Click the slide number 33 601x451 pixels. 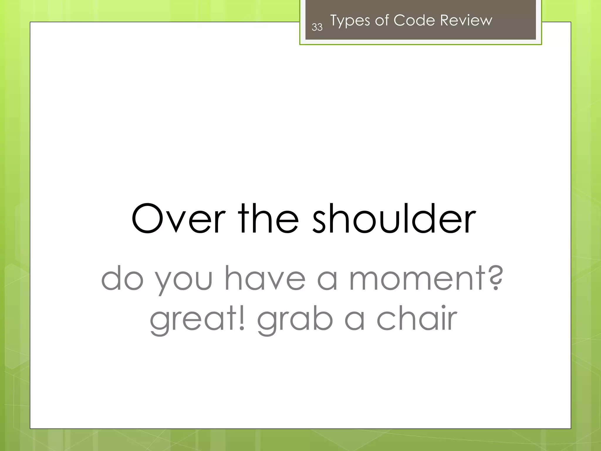(317, 27)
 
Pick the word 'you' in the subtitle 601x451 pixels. (183, 280)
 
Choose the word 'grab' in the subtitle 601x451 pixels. (295, 320)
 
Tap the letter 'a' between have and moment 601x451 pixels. (327, 280)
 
